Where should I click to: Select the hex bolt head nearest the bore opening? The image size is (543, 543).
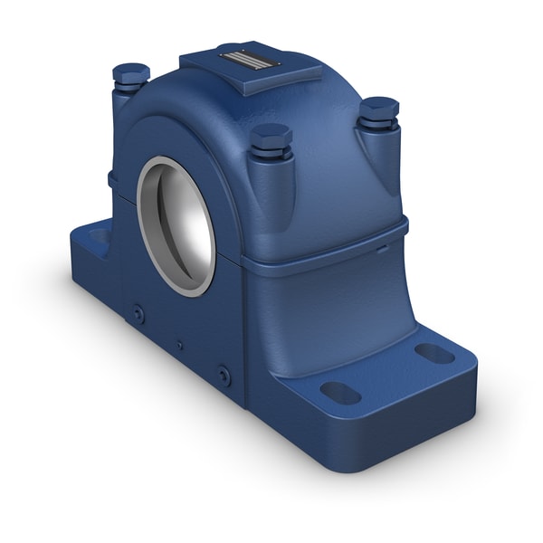click(x=271, y=138)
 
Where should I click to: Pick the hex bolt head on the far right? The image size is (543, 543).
click(x=378, y=109)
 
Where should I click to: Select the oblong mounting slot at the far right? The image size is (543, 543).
click(x=434, y=353)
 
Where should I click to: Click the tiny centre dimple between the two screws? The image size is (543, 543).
click(x=179, y=345)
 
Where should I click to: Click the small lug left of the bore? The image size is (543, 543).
click(x=112, y=178)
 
